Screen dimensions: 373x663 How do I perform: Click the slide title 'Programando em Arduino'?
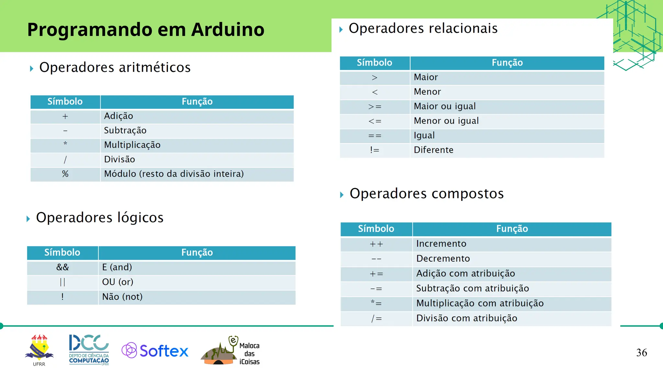click(x=146, y=29)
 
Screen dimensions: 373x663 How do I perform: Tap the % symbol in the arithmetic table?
click(x=65, y=174)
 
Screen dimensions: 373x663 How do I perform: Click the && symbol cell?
click(x=62, y=267)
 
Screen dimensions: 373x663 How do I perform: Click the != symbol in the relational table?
click(x=375, y=150)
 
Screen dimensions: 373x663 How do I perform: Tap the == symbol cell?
click(x=375, y=136)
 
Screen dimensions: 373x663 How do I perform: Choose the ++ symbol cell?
click(x=376, y=244)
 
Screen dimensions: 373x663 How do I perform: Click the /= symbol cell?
click(x=376, y=319)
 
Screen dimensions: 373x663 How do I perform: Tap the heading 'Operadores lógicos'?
click(x=100, y=217)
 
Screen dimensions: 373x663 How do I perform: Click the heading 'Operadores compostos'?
click(x=426, y=194)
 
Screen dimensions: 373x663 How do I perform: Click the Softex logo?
click(x=155, y=351)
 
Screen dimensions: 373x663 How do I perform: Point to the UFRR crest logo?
click(x=39, y=348)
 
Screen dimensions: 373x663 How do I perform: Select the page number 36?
click(x=641, y=352)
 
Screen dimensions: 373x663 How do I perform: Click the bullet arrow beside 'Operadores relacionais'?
click(x=341, y=29)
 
